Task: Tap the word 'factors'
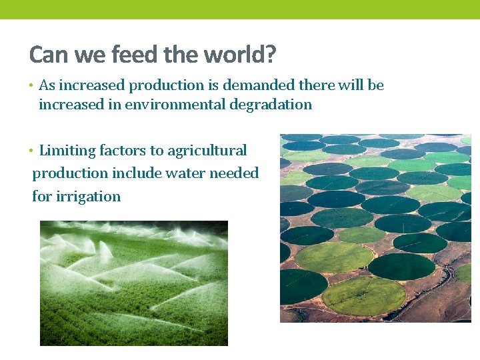tap(121, 151)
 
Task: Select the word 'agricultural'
tap(207, 151)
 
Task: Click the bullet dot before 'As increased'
tap(32, 86)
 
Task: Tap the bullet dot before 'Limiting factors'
tap(32, 151)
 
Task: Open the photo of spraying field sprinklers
tap(133, 283)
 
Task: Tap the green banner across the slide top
tap(240, 9)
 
